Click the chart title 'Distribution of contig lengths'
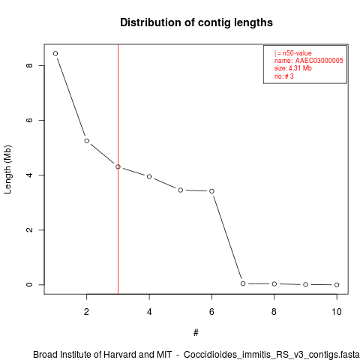tap(196, 22)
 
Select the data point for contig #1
tap(55, 53)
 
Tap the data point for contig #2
tap(87, 141)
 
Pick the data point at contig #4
tap(149, 177)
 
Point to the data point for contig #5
tap(181, 190)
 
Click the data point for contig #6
tap(211, 191)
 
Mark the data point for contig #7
tap(243, 283)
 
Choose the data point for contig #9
tap(305, 284)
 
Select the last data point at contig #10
tap(337, 285)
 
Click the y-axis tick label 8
tap(29, 65)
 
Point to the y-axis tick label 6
tap(29, 120)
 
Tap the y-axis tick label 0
tap(29, 285)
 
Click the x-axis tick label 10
tap(337, 312)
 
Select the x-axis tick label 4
tap(149, 312)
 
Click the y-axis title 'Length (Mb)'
tap(7, 169)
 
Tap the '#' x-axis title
tap(196, 333)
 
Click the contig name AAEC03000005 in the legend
tap(319, 61)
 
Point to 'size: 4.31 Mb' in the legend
tap(293, 68)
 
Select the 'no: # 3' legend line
tap(284, 76)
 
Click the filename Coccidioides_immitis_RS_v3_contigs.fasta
tap(271, 355)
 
